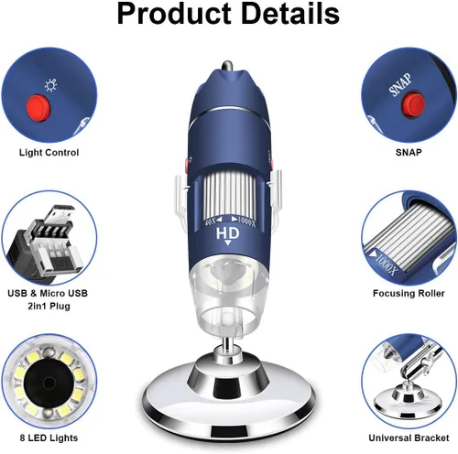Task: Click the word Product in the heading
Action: point(174,14)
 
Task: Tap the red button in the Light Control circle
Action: point(38,107)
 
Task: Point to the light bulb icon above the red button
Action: point(50,85)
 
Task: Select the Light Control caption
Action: point(49,152)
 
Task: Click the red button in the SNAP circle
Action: point(414,103)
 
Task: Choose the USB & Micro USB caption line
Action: point(48,293)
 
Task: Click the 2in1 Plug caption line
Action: point(49,306)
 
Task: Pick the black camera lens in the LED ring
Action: point(49,382)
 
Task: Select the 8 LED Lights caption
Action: point(49,438)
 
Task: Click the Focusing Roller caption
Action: point(409,293)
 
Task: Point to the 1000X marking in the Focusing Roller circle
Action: point(387,265)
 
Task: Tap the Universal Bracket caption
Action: point(409,438)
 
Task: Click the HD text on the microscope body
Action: point(228,233)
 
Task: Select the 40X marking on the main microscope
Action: point(211,222)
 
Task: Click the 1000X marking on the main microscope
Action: point(246,222)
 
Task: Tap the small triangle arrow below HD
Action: point(228,243)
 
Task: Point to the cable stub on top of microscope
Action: point(227,66)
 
